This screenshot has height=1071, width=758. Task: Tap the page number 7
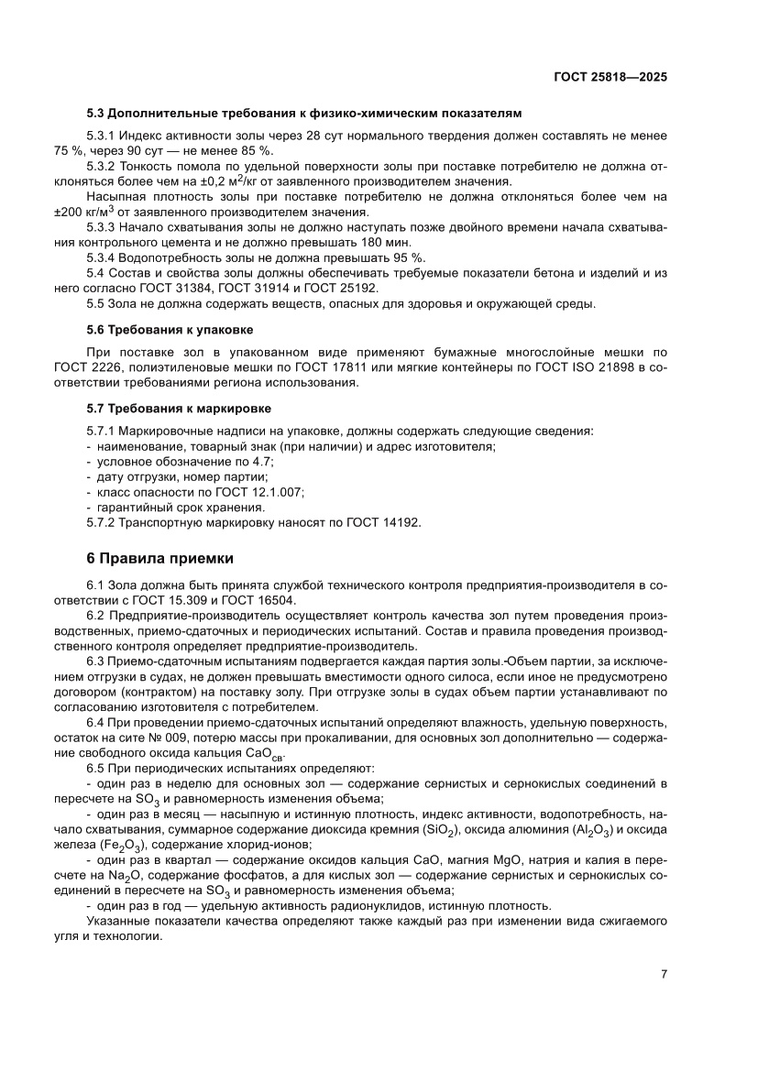[x=663, y=974]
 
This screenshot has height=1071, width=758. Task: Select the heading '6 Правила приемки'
[x=160, y=557]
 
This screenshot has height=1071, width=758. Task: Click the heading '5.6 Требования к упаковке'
[x=169, y=328]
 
